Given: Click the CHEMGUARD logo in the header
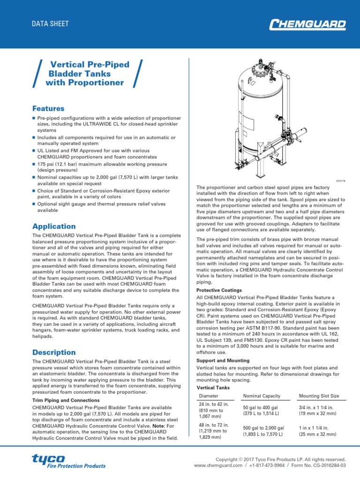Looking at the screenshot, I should coord(307,24).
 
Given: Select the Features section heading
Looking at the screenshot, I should coord(48,108).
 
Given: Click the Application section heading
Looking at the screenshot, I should coord(53,226).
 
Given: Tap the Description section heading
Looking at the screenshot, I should coord(53,352).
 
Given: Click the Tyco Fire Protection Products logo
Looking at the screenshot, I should coord(68,461).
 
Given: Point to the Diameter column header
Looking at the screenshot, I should coord(209,396).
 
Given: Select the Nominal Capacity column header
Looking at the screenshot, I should coord(261,396).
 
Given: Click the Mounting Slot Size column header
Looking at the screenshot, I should coord(318,396).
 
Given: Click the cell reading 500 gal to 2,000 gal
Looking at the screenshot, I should coord(263,431).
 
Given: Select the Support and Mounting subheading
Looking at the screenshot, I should coord(222,360).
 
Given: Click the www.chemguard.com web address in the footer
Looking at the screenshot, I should coord(218,465).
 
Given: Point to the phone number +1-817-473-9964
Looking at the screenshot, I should coord(267,465).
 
